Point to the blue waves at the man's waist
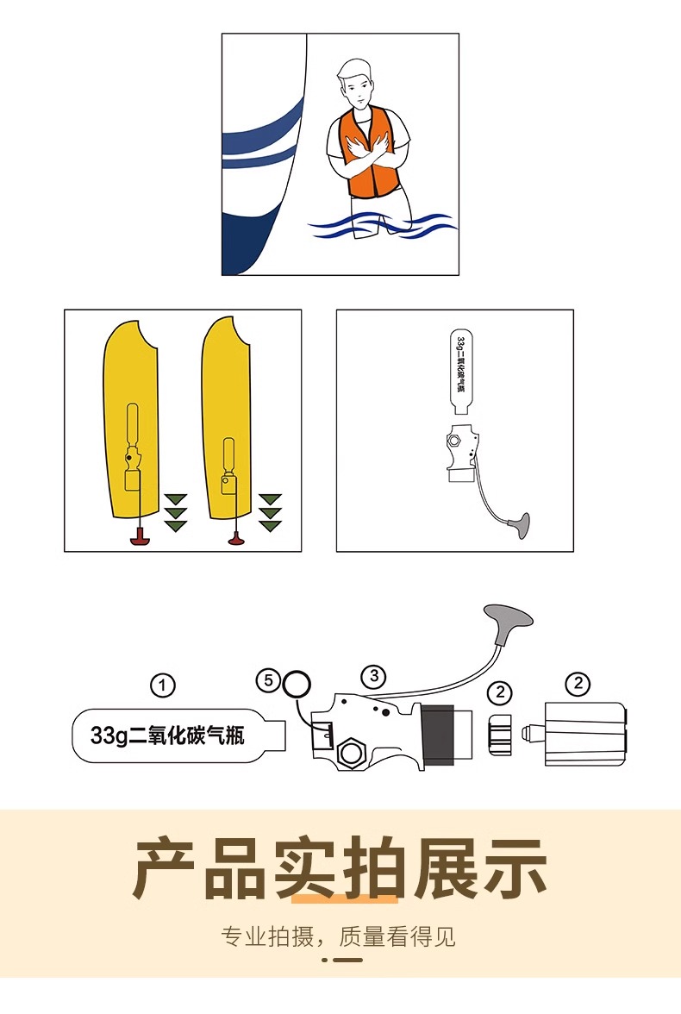(383, 226)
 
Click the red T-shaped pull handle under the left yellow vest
(141, 535)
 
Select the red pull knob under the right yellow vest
(236, 539)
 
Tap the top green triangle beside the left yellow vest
(175, 498)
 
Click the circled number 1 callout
(162, 685)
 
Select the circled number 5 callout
(268, 680)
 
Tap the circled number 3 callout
(374, 676)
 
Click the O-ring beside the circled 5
(297, 684)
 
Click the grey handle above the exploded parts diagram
(509, 617)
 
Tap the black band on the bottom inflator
(437, 735)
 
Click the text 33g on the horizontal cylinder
(109, 735)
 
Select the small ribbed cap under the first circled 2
(498, 735)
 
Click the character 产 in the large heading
(165, 867)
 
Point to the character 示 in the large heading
(514, 867)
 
